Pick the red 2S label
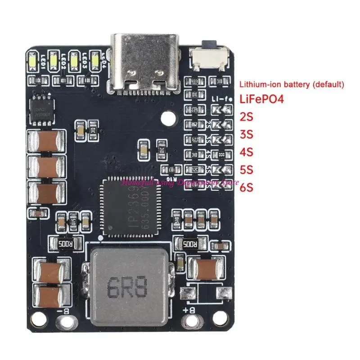point(247,117)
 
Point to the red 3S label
point(247,135)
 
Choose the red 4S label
point(247,152)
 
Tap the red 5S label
point(247,170)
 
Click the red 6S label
point(247,187)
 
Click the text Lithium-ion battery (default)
point(292,84)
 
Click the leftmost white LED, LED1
point(32,61)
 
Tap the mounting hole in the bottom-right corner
point(220,320)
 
